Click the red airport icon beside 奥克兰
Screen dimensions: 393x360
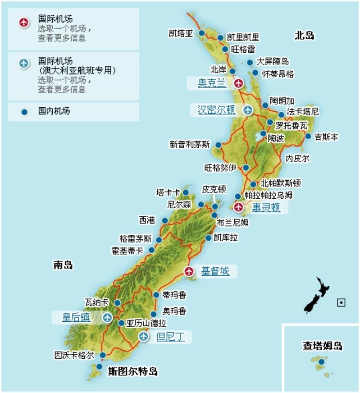(x=238, y=83)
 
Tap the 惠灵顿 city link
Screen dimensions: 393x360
(x=266, y=207)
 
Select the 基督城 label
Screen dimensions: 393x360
(x=215, y=271)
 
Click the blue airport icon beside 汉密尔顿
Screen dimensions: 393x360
(x=248, y=110)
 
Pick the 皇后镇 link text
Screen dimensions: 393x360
(x=76, y=318)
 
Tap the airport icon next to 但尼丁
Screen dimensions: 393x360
(x=144, y=336)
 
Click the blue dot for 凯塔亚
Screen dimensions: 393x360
(x=202, y=34)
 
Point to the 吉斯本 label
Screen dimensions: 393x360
(x=326, y=136)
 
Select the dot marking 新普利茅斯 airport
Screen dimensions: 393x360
(x=219, y=145)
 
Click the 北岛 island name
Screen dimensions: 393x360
(x=304, y=36)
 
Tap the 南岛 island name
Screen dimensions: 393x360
(x=63, y=265)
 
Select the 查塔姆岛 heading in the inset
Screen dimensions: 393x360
(x=322, y=346)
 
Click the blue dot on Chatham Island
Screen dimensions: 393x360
(x=321, y=361)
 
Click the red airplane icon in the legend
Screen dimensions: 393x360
(x=24, y=22)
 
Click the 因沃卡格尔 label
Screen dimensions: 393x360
(x=74, y=355)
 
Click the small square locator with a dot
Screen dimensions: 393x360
(x=341, y=303)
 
